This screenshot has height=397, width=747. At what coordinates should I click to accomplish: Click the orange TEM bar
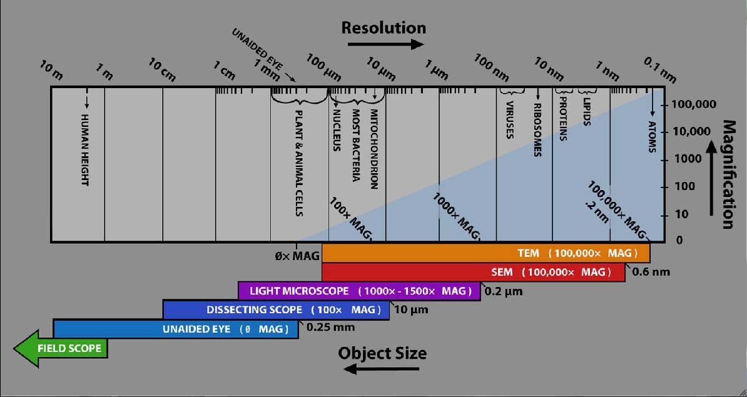pos(485,253)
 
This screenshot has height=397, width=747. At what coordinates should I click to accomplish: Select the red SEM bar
pos(473,272)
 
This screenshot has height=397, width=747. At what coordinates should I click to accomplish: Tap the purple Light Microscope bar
pos(358,291)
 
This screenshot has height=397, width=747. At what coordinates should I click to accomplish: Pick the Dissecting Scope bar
pos(276,309)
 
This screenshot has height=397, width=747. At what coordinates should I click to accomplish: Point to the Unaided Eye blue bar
pos(176,329)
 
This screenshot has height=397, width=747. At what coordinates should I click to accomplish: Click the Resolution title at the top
pos(384,28)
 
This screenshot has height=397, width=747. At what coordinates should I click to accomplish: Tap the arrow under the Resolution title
pos(385,44)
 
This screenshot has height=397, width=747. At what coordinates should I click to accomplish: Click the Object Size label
pos(382,353)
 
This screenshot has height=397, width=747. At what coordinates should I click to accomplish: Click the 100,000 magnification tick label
pos(693,104)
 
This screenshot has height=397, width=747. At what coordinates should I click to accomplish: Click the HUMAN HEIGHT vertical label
pos(86,150)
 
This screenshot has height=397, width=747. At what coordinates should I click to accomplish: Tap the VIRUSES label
pos(509,119)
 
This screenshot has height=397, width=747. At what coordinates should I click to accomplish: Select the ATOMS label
pos(652,137)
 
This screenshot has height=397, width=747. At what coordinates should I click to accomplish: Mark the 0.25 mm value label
pos(330,327)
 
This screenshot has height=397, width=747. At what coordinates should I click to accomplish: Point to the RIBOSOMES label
pos(537,129)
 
